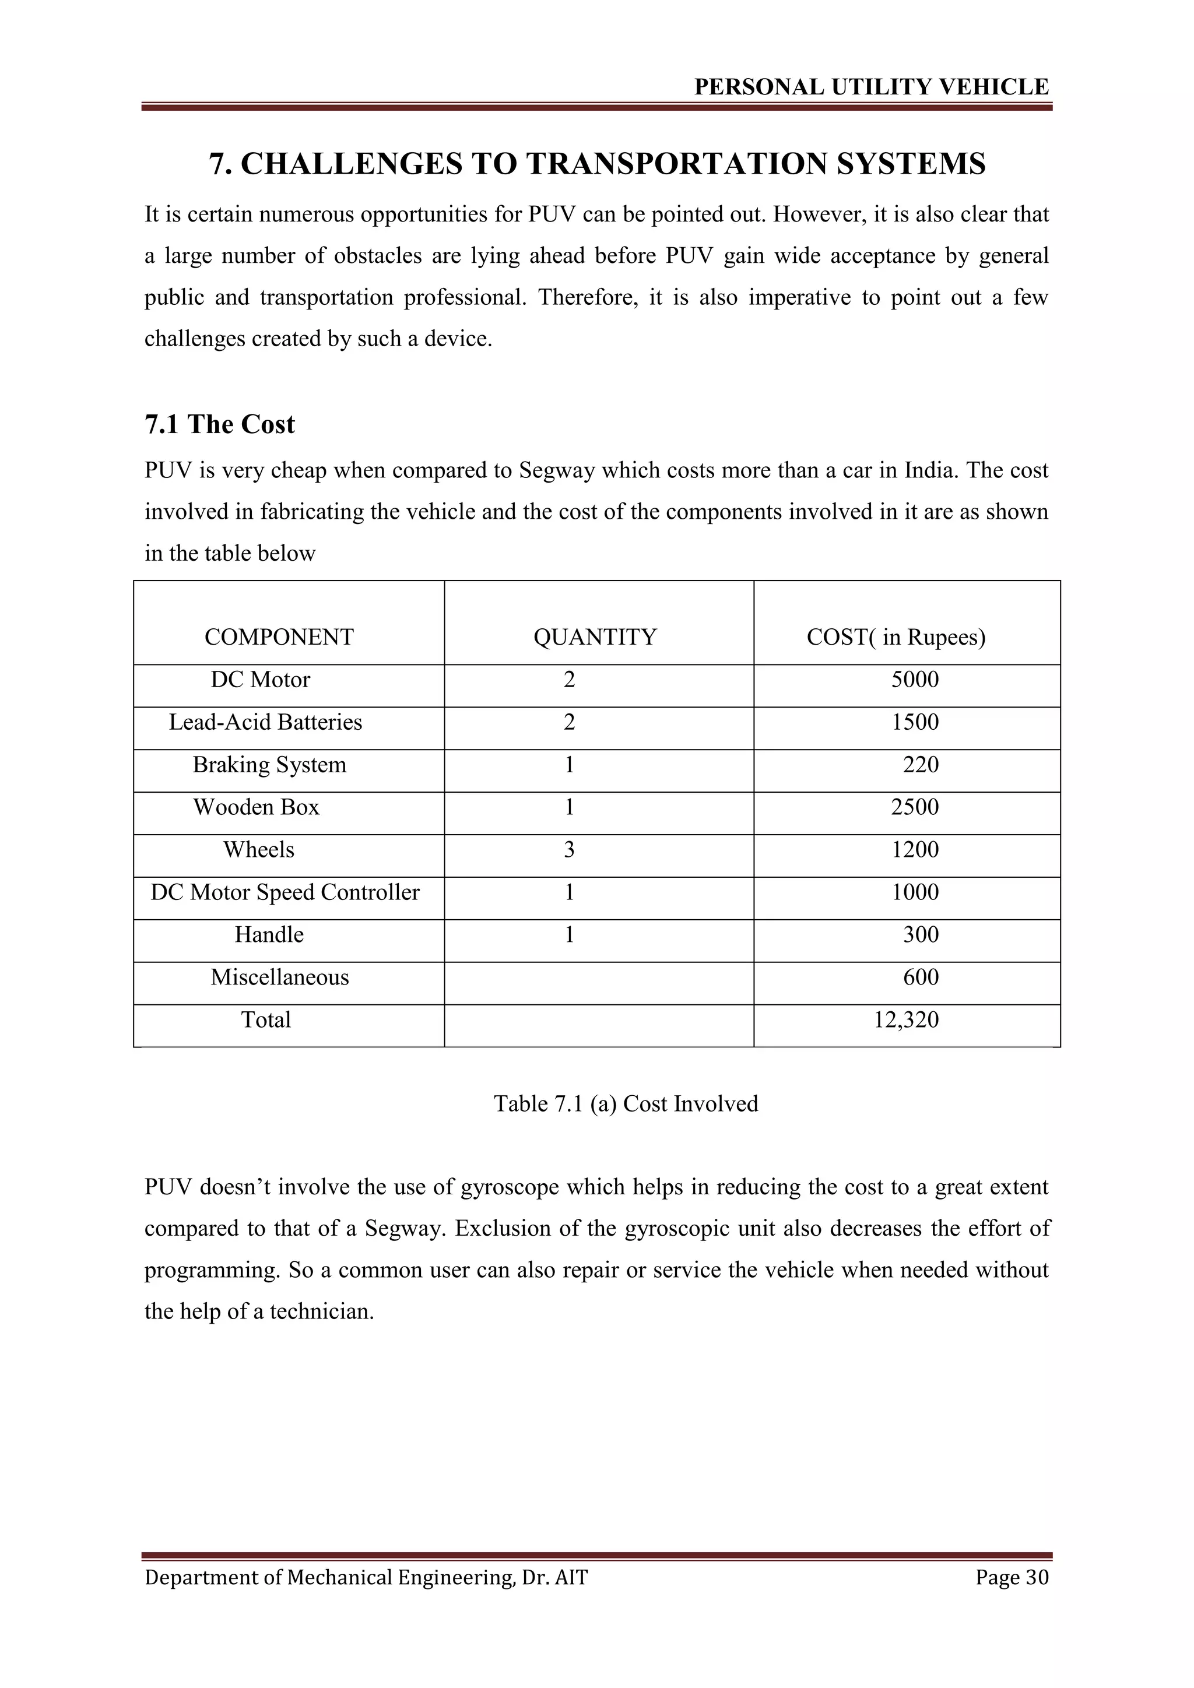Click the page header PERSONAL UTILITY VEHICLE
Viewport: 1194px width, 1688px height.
871,87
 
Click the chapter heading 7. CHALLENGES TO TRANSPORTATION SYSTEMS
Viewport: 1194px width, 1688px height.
597,163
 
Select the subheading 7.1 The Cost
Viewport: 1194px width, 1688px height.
219,424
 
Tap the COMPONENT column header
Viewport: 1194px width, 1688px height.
279,636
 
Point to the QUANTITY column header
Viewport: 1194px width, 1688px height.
595,636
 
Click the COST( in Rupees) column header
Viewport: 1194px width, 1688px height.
895,636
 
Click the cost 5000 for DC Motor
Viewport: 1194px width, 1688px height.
915,679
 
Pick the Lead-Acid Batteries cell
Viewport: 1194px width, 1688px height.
265,722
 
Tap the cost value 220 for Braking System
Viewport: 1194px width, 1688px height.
921,765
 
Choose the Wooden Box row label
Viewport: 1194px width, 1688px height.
256,807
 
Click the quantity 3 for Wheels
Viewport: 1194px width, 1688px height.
569,850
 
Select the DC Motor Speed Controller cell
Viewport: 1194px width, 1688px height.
285,892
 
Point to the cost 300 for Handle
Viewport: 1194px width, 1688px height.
921,934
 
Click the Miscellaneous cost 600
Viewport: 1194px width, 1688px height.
921,977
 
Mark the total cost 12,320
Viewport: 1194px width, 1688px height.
906,1019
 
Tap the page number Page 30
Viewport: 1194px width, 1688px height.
1012,1577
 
